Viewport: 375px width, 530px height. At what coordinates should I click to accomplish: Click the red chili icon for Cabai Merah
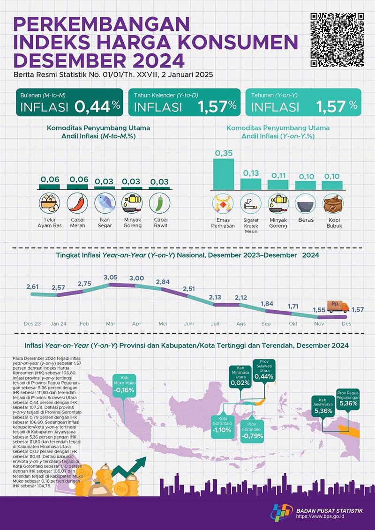pos(76,203)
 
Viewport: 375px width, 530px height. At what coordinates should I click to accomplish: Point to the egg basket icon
pos(49,203)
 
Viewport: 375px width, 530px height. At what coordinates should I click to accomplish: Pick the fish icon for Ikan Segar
pos(104,203)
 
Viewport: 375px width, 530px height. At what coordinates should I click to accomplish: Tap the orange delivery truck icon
pos(337,306)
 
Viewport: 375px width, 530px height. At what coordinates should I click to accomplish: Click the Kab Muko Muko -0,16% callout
pos(126,386)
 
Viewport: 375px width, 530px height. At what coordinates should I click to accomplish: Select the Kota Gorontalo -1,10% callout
pos(223,426)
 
